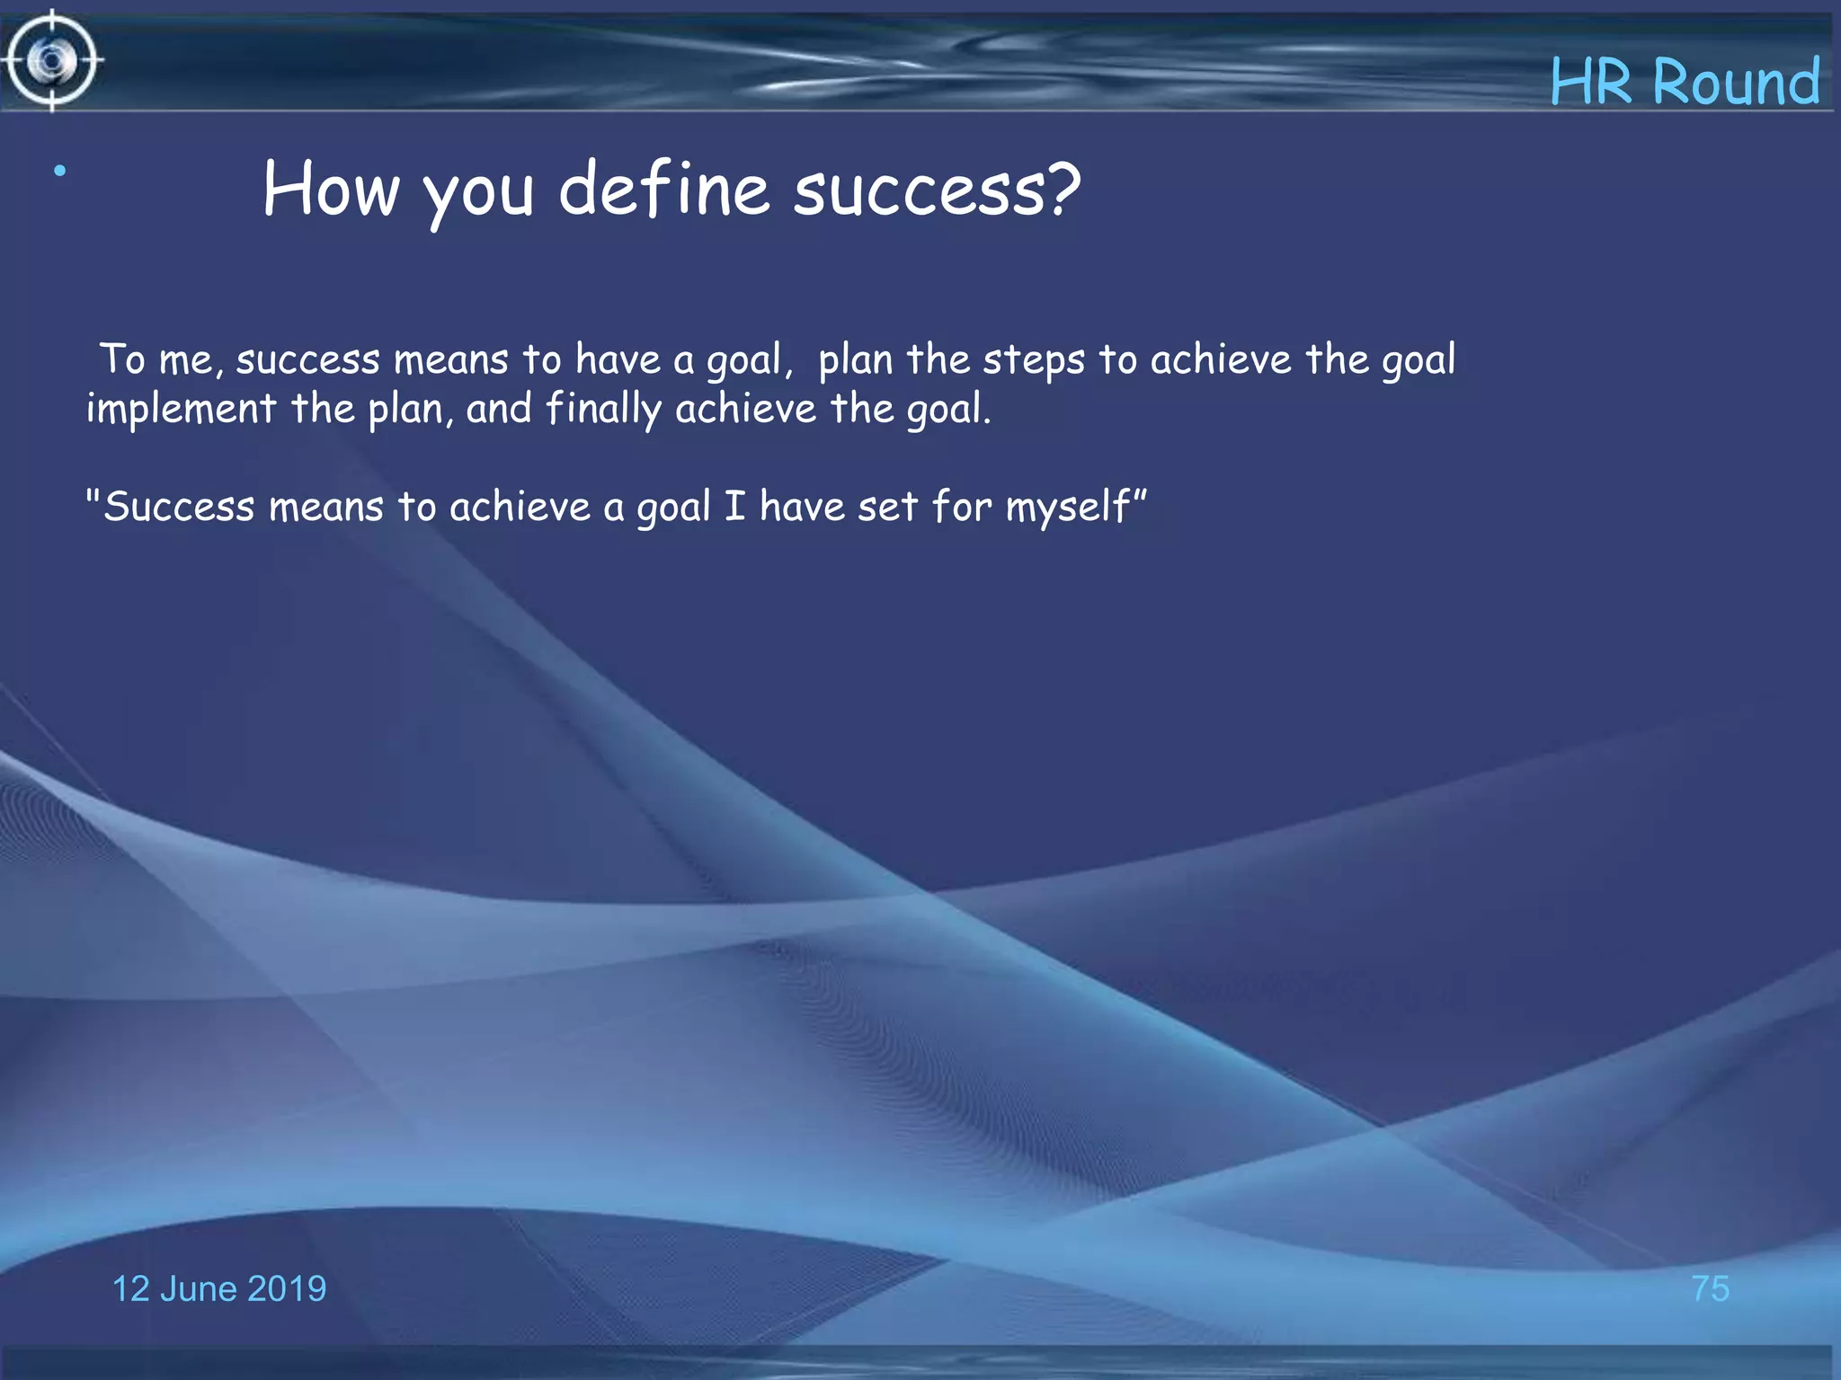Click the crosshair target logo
pos(52,61)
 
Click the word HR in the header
pos(1591,83)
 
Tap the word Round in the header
pos(1736,83)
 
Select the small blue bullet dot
pos(59,171)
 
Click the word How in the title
pos(331,190)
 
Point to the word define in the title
pos(663,190)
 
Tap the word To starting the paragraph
pos(122,359)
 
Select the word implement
pos(181,410)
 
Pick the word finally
pos(603,410)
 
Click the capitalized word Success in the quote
pos(179,507)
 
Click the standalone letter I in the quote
pos(734,506)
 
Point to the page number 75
pos(1710,1288)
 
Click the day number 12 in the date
pos(130,1288)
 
